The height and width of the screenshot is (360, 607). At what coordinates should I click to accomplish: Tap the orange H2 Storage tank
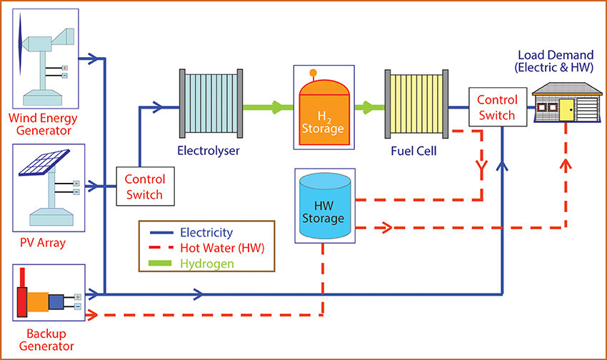click(324, 114)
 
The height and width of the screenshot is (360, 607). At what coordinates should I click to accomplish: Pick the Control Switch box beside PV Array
click(145, 187)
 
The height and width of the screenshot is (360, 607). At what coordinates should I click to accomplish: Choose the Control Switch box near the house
click(496, 107)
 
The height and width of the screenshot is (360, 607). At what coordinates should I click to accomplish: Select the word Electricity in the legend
click(206, 233)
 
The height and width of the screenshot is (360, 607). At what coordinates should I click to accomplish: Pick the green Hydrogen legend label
click(207, 264)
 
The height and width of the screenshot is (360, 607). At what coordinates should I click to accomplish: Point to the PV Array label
click(43, 243)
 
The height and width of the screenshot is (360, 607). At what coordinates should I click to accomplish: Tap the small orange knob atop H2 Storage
click(312, 72)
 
